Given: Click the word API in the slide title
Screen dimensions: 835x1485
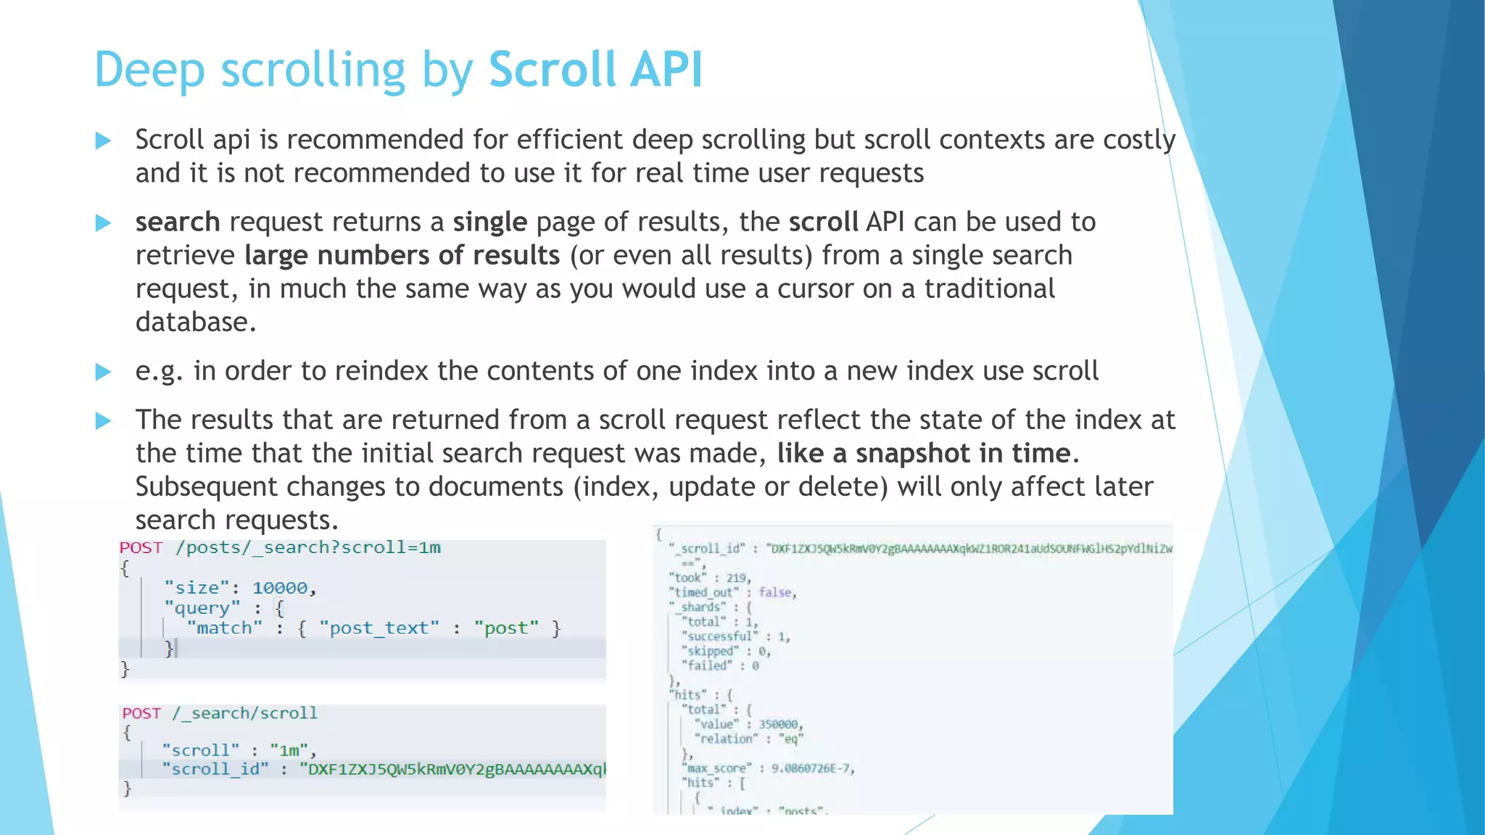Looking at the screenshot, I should [667, 70].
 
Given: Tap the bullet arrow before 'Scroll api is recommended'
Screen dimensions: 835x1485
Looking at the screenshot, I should [104, 141].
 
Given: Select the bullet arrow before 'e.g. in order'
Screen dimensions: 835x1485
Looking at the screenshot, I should [104, 372].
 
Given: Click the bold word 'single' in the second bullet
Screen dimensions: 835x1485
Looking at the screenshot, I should [490, 222].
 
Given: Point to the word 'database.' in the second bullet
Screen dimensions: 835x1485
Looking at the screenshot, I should [196, 322].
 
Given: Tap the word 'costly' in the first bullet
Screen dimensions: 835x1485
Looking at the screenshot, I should [1138, 140].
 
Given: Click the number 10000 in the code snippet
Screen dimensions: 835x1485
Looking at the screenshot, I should [280, 588].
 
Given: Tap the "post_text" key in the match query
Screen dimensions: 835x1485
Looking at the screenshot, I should [379, 628].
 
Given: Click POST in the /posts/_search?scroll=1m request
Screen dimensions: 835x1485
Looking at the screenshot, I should [141, 547].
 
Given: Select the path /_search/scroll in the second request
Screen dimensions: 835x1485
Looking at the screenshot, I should [244, 713].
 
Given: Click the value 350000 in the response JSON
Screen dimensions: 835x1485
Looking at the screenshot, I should [779, 724].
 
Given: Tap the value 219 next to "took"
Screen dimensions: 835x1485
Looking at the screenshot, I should [736, 578].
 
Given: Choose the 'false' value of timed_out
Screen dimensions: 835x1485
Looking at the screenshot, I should [775, 592].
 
